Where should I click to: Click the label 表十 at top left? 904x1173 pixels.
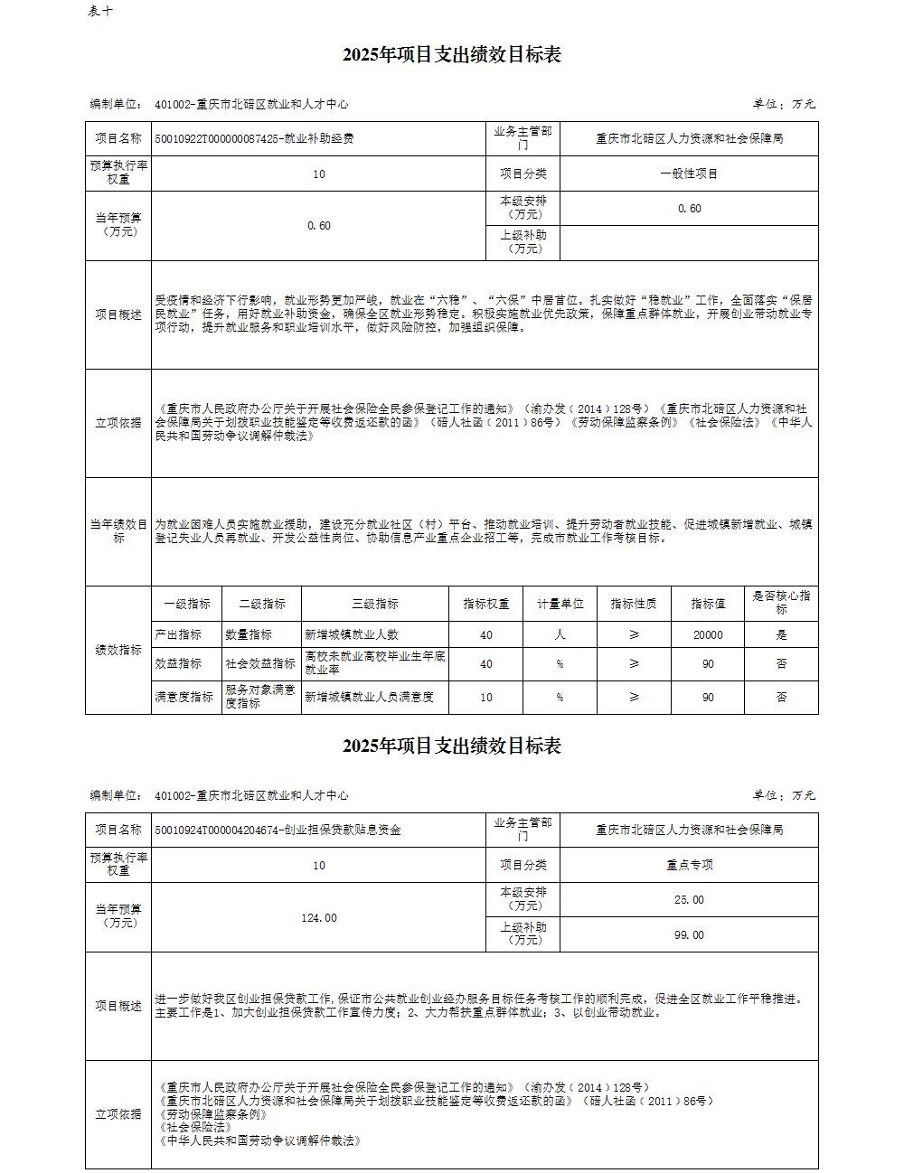[x=101, y=11]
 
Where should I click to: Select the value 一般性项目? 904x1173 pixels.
[x=689, y=174]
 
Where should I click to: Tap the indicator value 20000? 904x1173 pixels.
[x=708, y=635]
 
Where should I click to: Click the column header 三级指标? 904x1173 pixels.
[x=374, y=604]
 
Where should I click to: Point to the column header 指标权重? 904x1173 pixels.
[x=486, y=604]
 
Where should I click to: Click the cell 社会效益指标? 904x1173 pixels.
[x=260, y=663]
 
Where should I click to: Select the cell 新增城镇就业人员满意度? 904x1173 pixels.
[x=370, y=697]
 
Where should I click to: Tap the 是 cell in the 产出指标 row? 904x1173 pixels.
[x=781, y=635]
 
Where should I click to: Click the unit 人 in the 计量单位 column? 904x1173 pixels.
[x=560, y=635]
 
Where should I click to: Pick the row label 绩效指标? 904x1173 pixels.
[x=118, y=650]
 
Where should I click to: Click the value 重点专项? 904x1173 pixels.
[x=689, y=865]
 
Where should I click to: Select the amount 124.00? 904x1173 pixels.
[x=318, y=917]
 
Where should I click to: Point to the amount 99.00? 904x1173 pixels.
[x=689, y=935]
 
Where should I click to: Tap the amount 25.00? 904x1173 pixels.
[x=689, y=900]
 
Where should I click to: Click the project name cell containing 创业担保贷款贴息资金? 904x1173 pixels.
[x=278, y=830]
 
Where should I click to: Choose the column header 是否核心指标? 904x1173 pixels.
[x=781, y=603]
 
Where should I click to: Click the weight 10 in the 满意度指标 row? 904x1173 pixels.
[x=486, y=697]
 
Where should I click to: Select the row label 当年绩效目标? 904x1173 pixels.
[x=118, y=531]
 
